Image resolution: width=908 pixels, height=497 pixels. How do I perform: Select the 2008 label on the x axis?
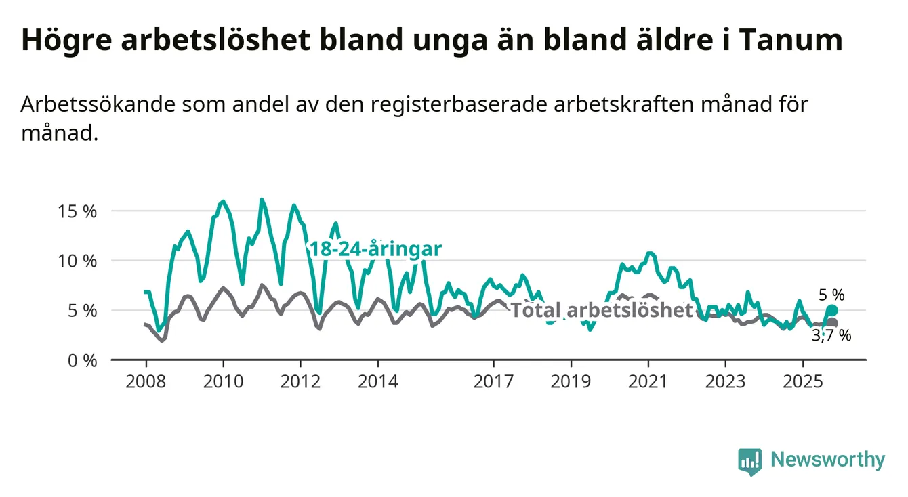click(146, 381)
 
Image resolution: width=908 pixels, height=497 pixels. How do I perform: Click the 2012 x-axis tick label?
click(300, 381)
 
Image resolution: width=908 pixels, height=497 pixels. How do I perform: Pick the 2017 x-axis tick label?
click(493, 381)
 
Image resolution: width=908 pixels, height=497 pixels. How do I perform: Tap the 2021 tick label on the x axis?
click(648, 381)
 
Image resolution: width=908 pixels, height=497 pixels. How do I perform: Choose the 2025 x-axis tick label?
click(802, 381)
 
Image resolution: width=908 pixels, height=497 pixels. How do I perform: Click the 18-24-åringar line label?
click(375, 249)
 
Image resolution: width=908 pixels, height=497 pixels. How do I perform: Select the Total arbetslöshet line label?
click(601, 311)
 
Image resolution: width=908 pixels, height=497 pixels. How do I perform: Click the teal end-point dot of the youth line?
click(832, 310)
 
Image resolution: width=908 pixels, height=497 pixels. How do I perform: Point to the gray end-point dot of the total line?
click(832, 323)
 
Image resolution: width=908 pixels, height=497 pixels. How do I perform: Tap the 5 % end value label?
click(831, 295)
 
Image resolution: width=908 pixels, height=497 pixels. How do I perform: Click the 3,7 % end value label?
click(831, 335)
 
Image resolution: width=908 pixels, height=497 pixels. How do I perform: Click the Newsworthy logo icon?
click(749, 461)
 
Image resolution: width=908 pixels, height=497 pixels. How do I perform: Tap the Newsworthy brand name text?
click(827, 460)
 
